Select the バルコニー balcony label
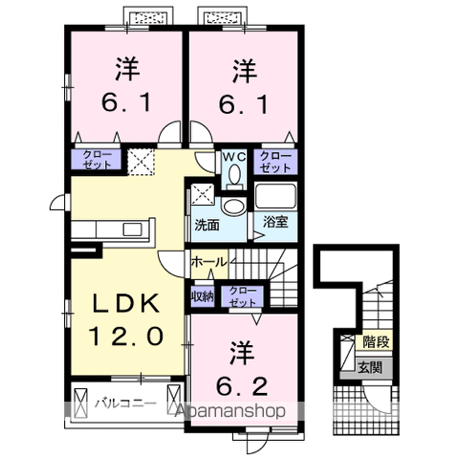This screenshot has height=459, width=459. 124,404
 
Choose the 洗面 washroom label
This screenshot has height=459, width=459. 208,226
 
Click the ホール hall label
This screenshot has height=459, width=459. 208,261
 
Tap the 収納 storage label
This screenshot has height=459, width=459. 203,295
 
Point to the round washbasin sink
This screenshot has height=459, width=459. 233,207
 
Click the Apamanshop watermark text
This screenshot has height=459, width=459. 235,413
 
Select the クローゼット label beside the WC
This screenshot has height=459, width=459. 275,161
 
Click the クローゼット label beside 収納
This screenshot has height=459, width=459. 243,295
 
